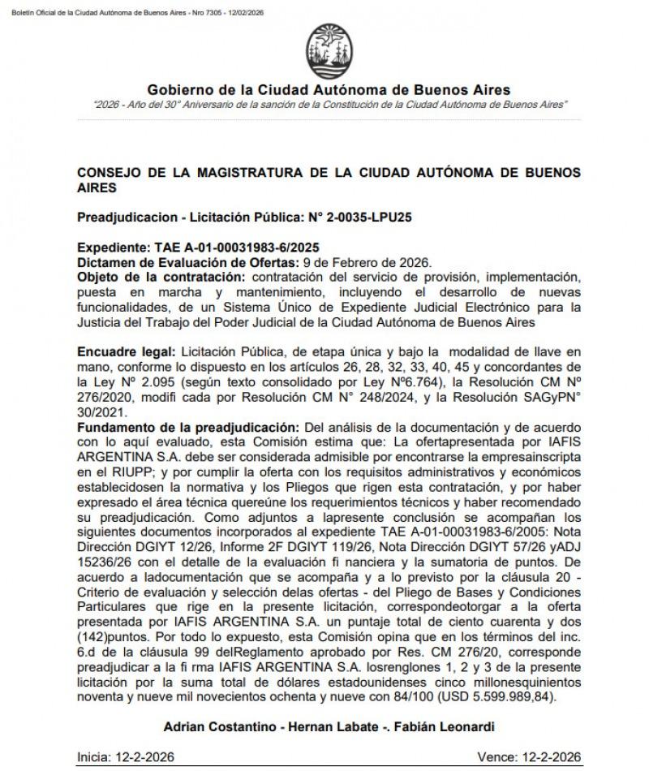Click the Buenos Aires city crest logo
(328, 52)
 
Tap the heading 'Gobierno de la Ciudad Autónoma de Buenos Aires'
(329, 89)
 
